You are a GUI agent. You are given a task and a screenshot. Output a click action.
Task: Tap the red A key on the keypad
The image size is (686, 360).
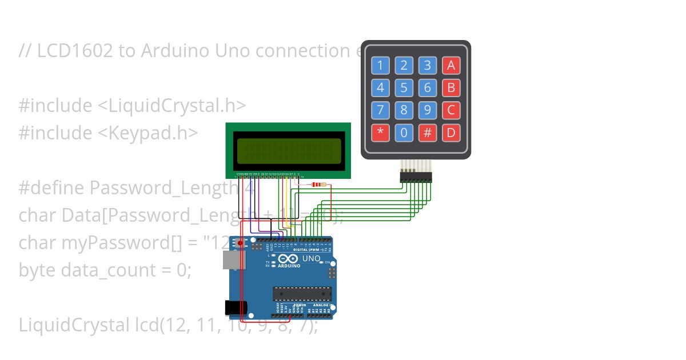(x=451, y=66)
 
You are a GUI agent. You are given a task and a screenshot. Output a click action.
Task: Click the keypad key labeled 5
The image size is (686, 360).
(x=404, y=88)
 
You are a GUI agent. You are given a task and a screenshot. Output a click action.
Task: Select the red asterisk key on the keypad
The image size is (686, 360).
(x=380, y=133)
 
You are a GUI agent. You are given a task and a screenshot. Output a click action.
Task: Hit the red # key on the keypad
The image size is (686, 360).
(x=427, y=133)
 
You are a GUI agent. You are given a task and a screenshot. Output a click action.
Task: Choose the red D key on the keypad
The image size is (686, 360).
(x=451, y=133)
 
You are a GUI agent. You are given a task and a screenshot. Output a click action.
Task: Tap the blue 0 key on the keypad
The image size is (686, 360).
(x=404, y=133)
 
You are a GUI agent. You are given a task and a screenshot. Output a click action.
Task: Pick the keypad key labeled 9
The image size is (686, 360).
(x=427, y=110)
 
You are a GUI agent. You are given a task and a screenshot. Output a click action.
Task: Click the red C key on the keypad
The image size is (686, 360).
(x=451, y=110)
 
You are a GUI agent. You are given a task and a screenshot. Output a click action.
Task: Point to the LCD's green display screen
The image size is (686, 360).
(x=288, y=151)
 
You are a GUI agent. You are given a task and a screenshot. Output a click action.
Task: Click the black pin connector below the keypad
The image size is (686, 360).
(x=416, y=178)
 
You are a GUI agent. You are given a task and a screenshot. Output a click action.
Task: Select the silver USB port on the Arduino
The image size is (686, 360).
(x=231, y=261)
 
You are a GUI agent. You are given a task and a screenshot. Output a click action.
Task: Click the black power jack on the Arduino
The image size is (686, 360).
(x=235, y=308)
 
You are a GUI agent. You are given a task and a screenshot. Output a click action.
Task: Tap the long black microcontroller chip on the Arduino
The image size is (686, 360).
(x=301, y=294)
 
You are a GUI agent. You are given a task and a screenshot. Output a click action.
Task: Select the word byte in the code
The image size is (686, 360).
(x=38, y=270)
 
